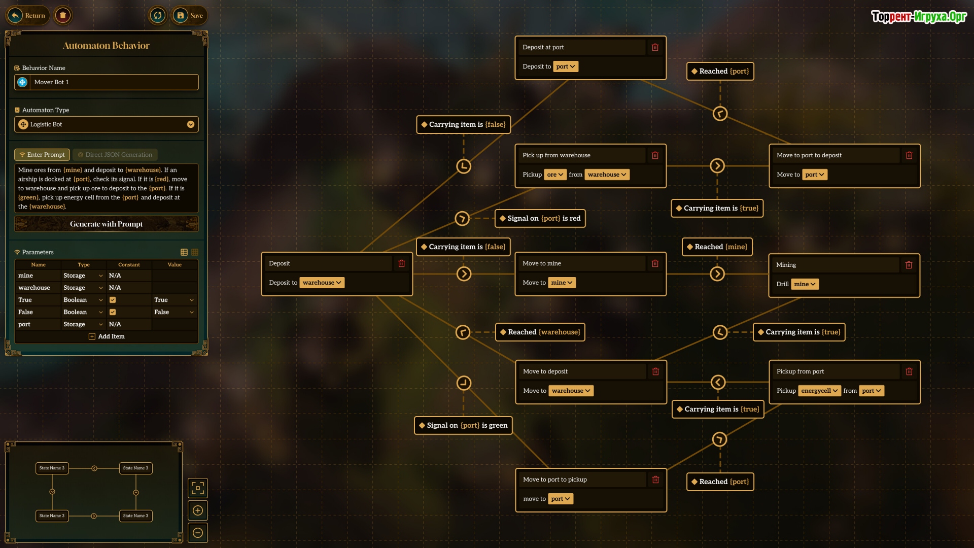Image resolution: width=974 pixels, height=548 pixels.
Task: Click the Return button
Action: [x=28, y=16]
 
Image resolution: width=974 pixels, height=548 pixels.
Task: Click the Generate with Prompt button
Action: [x=107, y=224]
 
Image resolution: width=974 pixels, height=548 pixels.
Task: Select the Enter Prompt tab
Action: [x=42, y=155]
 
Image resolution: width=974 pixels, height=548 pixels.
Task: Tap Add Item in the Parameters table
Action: [x=107, y=336]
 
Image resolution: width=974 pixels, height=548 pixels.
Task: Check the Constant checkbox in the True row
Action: [x=113, y=300]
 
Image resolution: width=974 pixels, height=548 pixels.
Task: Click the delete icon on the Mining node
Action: [x=909, y=265]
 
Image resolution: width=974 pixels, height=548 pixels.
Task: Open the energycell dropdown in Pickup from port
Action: [x=819, y=391]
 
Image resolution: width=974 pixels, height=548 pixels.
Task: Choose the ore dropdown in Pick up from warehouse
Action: [x=555, y=175]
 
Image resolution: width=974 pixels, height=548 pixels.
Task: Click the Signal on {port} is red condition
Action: [x=540, y=219]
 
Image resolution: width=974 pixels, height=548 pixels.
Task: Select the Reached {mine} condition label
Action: [x=717, y=247]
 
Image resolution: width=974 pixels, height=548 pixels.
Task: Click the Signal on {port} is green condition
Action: [x=463, y=425]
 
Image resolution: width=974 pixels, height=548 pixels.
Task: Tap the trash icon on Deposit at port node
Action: [x=655, y=47]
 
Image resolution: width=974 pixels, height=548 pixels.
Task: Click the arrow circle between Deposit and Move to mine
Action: [x=464, y=274]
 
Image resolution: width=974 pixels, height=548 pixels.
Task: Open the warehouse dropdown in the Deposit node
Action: [x=322, y=283]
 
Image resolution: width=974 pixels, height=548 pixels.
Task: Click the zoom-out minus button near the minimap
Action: [x=198, y=533]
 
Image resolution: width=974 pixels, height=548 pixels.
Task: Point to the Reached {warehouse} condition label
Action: [x=540, y=332]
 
